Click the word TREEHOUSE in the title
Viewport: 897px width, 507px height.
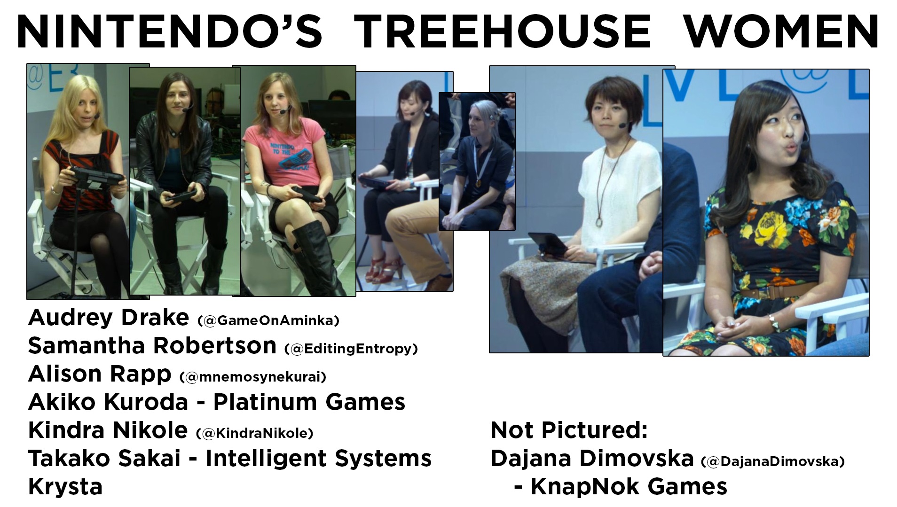(502, 32)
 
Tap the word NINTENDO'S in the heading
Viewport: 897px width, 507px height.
(169, 32)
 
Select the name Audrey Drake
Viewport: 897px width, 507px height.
(109, 318)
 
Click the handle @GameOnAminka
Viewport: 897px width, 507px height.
(268, 321)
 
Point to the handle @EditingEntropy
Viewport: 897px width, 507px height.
(351, 349)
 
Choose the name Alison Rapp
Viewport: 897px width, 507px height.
(100, 374)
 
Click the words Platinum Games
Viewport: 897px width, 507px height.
(309, 402)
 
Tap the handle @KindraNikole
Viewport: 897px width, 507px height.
(254, 433)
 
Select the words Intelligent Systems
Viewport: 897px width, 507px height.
(318, 459)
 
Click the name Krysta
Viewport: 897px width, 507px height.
(65, 487)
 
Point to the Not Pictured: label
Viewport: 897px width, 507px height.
(569, 430)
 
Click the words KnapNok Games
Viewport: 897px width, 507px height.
(629, 487)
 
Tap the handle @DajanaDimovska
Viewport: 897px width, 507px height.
(772, 462)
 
